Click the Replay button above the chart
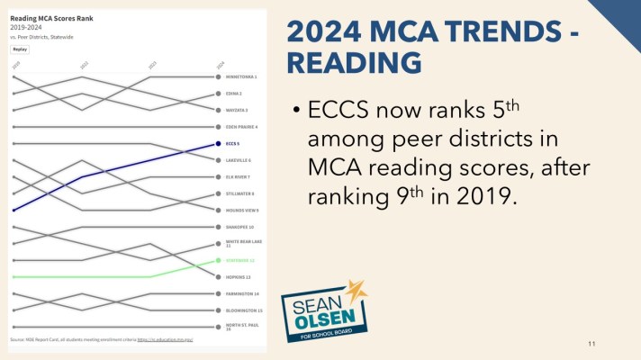21,49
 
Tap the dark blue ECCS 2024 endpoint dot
218,143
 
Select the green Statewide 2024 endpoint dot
218,260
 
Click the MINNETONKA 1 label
240,76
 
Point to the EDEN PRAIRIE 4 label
240,127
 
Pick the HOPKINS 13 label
239,276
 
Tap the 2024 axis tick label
220,65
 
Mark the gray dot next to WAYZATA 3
218,110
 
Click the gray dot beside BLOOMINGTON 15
218,310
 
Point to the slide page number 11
591,344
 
